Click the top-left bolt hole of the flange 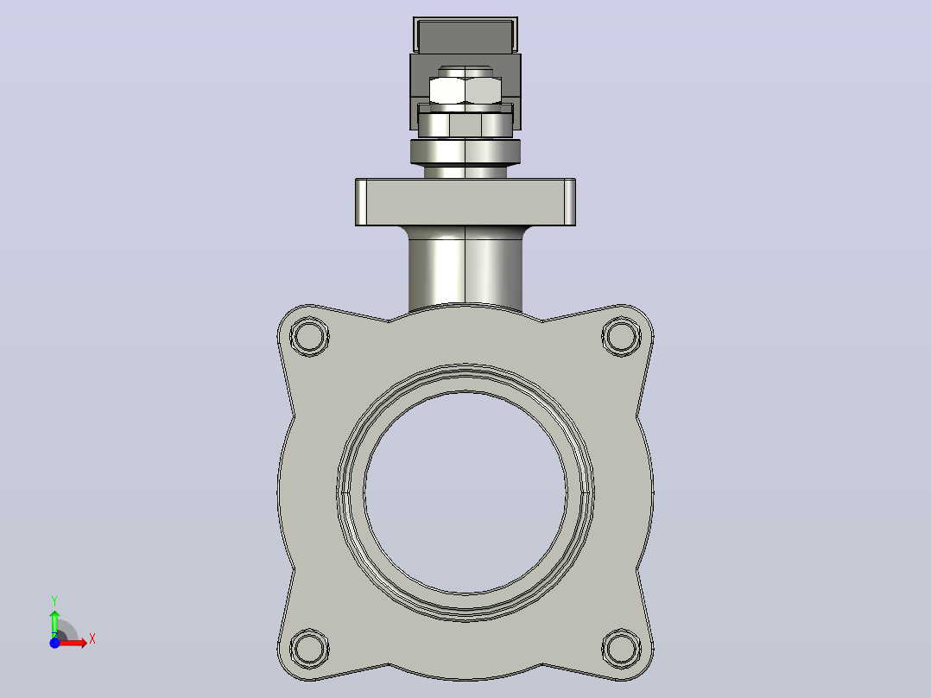309,336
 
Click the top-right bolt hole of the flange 621,336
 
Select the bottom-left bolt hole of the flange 309,648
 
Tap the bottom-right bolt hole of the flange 621,648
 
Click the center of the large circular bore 465,492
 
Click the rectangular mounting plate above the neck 465,202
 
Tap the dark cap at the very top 465,35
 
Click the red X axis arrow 73,643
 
